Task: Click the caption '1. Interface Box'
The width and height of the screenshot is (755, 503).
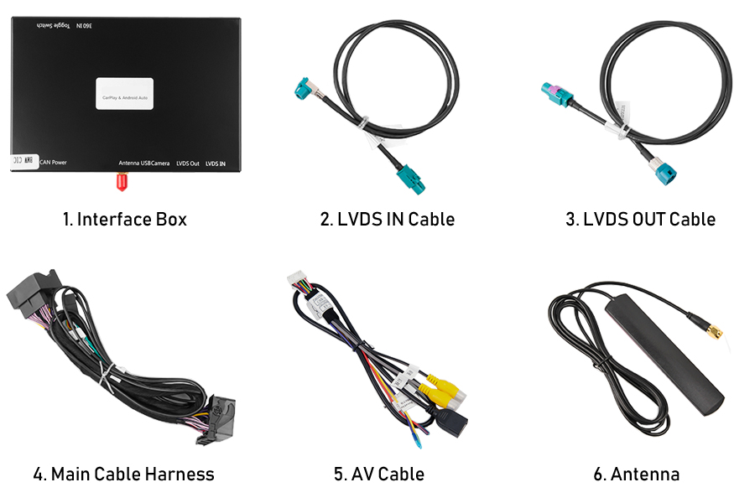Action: pos(124,220)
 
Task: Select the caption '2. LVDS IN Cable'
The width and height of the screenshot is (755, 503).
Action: pos(387,220)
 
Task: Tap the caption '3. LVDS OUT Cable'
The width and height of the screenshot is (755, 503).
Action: pos(640,220)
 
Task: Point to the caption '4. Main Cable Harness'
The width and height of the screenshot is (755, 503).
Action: pos(123,474)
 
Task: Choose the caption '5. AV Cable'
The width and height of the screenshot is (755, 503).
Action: pos(378,474)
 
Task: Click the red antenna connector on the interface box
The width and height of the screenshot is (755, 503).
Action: pos(120,182)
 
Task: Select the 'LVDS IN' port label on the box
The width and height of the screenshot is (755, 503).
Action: pos(216,163)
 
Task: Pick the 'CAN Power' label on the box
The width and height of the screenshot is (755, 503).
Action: pos(53,163)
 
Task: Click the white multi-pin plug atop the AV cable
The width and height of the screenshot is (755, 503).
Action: pos(299,280)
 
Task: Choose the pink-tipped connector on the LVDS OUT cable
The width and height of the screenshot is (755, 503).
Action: pos(554,90)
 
